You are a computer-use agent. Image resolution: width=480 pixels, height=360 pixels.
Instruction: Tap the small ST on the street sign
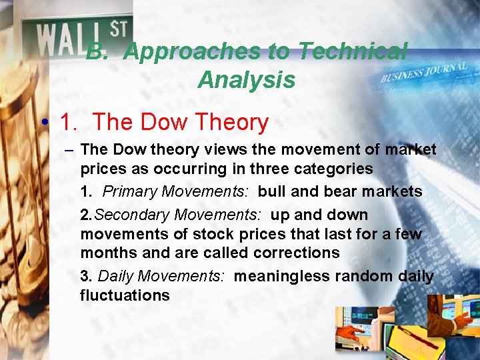[118, 29]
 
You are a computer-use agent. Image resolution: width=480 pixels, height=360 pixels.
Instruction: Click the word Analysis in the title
[246, 80]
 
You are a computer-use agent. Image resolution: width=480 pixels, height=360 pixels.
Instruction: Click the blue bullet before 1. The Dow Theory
[43, 123]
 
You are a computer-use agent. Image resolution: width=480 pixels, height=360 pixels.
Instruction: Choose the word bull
[271, 191]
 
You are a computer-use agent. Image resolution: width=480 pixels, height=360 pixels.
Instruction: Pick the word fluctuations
[125, 295]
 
